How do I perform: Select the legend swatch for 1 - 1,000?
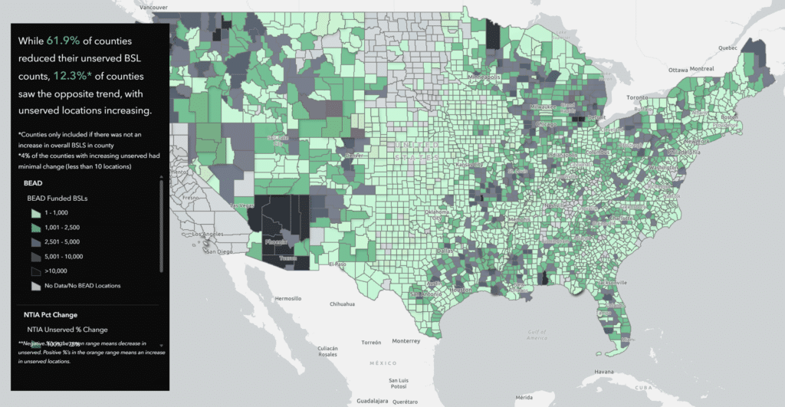pos(34,212)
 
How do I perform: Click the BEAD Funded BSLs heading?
pos(57,199)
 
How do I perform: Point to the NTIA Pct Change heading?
pos(50,314)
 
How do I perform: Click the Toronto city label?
pos(638,98)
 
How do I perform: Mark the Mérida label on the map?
pos(524,397)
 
